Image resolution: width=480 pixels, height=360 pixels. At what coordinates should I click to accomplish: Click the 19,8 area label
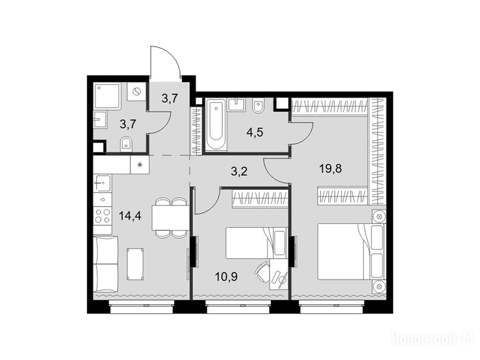(330, 168)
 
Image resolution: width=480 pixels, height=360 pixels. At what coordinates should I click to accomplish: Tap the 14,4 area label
(130, 216)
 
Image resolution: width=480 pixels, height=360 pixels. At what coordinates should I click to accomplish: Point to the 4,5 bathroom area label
(255, 133)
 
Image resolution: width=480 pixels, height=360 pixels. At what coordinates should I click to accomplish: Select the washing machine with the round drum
(136, 91)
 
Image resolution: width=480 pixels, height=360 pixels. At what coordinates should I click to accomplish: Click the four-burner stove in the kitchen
(103, 216)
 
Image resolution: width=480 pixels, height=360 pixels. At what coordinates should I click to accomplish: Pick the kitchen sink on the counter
(102, 183)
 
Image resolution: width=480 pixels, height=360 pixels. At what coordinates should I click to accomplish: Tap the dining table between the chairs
(170, 217)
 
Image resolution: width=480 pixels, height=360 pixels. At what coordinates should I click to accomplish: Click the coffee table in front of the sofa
(135, 264)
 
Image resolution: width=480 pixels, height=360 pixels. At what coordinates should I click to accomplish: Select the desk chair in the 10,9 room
(262, 271)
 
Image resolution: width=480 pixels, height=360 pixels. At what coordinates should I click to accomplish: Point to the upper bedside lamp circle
(379, 217)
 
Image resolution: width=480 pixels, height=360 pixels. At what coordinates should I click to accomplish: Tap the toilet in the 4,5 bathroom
(259, 106)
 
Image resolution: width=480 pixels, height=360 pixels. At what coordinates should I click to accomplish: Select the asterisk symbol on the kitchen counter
(140, 165)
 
